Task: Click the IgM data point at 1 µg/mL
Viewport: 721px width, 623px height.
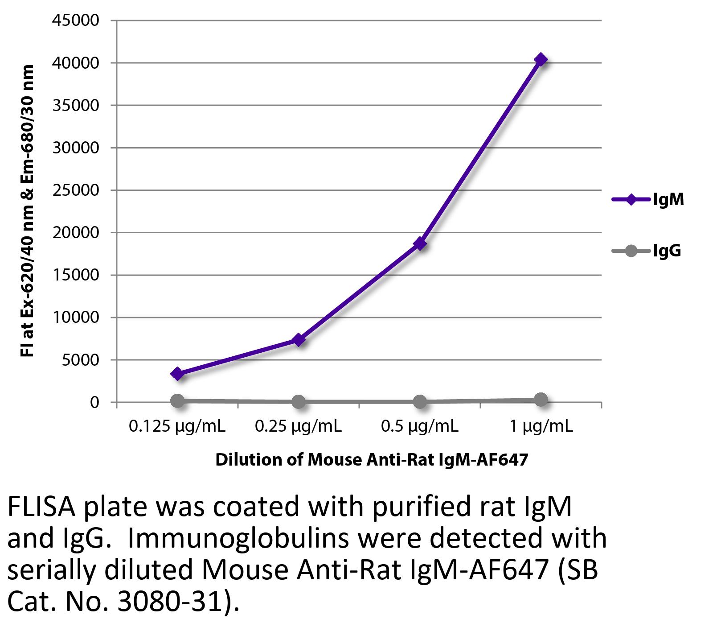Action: point(541,59)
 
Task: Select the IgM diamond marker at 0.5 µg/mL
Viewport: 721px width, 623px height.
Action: point(420,244)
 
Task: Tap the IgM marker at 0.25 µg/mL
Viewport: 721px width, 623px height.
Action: point(299,340)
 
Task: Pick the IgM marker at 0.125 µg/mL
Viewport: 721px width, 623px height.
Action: point(177,374)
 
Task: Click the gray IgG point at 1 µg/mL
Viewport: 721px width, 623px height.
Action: point(541,400)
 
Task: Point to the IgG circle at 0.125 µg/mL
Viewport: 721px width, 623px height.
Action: point(177,400)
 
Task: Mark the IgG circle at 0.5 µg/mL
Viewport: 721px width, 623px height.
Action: point(420,402)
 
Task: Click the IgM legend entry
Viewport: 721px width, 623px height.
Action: point(648,199)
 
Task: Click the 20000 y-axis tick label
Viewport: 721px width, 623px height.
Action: point(76,233)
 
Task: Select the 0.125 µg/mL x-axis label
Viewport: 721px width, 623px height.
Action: point(177,427)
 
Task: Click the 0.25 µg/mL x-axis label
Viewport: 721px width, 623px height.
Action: point(298,427)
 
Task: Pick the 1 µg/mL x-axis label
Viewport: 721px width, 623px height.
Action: point(541,427)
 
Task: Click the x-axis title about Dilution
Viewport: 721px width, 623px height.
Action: point(372,460)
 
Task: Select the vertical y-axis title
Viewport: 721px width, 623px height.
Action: point(28,210)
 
